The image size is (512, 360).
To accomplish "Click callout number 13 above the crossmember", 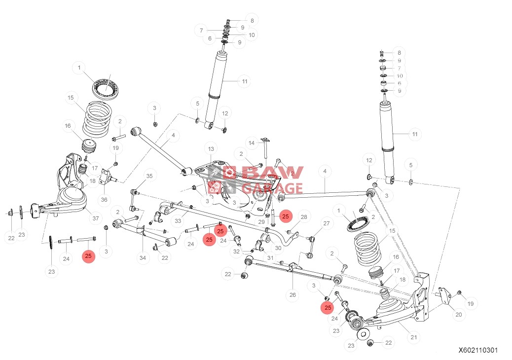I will (x=211, y=149).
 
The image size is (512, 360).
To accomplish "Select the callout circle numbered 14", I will (x=252, y=143).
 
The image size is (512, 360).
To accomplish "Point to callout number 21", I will (x=414, y=338).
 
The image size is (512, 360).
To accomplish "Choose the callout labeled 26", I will (x=293, y=295).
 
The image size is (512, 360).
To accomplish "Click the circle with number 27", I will (x=326, y=223).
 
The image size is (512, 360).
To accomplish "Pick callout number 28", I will (x=304, y=217).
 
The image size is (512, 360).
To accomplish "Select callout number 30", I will (x=278, y=248).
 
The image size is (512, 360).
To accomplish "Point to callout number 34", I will (x=143, y=257).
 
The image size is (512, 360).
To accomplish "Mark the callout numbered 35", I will (x=149, y=176).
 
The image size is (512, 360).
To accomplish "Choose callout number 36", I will (x=104, y=200).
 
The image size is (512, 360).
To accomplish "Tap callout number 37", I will (x=95, y=217).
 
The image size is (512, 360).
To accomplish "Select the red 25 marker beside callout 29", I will (x=285, y=216).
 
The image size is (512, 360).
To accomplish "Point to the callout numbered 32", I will (x=236, y=252).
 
